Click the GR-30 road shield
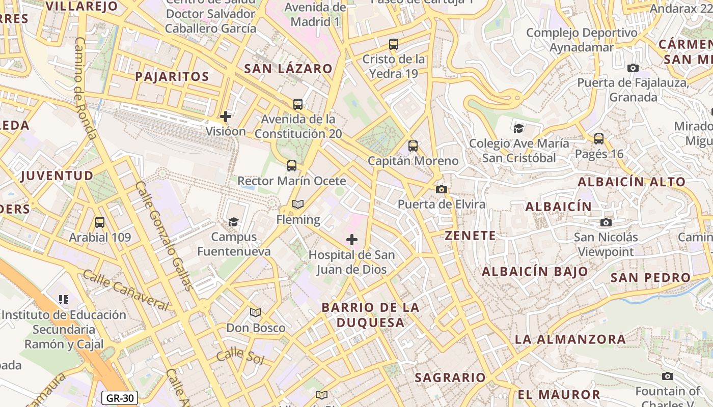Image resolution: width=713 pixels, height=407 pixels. click(120, 398)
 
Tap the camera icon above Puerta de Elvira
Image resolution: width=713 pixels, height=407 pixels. click(441, 190)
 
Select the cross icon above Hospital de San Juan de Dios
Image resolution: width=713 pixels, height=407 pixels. click(351, 240)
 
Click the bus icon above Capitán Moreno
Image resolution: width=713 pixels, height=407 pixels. click(413, 146)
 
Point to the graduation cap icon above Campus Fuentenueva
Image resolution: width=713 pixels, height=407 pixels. click(234, 222)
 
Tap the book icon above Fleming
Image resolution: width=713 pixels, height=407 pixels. click(298, 205)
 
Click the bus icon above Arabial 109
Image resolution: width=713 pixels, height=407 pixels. click(100, 222)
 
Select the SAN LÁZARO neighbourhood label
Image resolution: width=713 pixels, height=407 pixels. click(288, 69)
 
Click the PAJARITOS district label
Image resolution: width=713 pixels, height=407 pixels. click(172, 77)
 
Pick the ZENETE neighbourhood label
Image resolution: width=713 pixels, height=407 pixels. click(470, 236)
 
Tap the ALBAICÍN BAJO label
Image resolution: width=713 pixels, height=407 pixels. click(535, 272)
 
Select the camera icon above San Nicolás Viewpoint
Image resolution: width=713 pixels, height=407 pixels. click(606, 222)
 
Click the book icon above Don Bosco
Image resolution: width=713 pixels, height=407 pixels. click(256, 312)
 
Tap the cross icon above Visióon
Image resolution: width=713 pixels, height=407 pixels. click(226, 117)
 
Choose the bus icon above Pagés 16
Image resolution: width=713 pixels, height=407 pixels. click(599, 138)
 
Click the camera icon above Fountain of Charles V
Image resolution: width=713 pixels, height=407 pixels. click(667, 376)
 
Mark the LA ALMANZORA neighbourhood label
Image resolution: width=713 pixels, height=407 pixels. click(570, 339)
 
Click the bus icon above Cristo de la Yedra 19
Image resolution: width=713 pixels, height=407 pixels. click(394, 44)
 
